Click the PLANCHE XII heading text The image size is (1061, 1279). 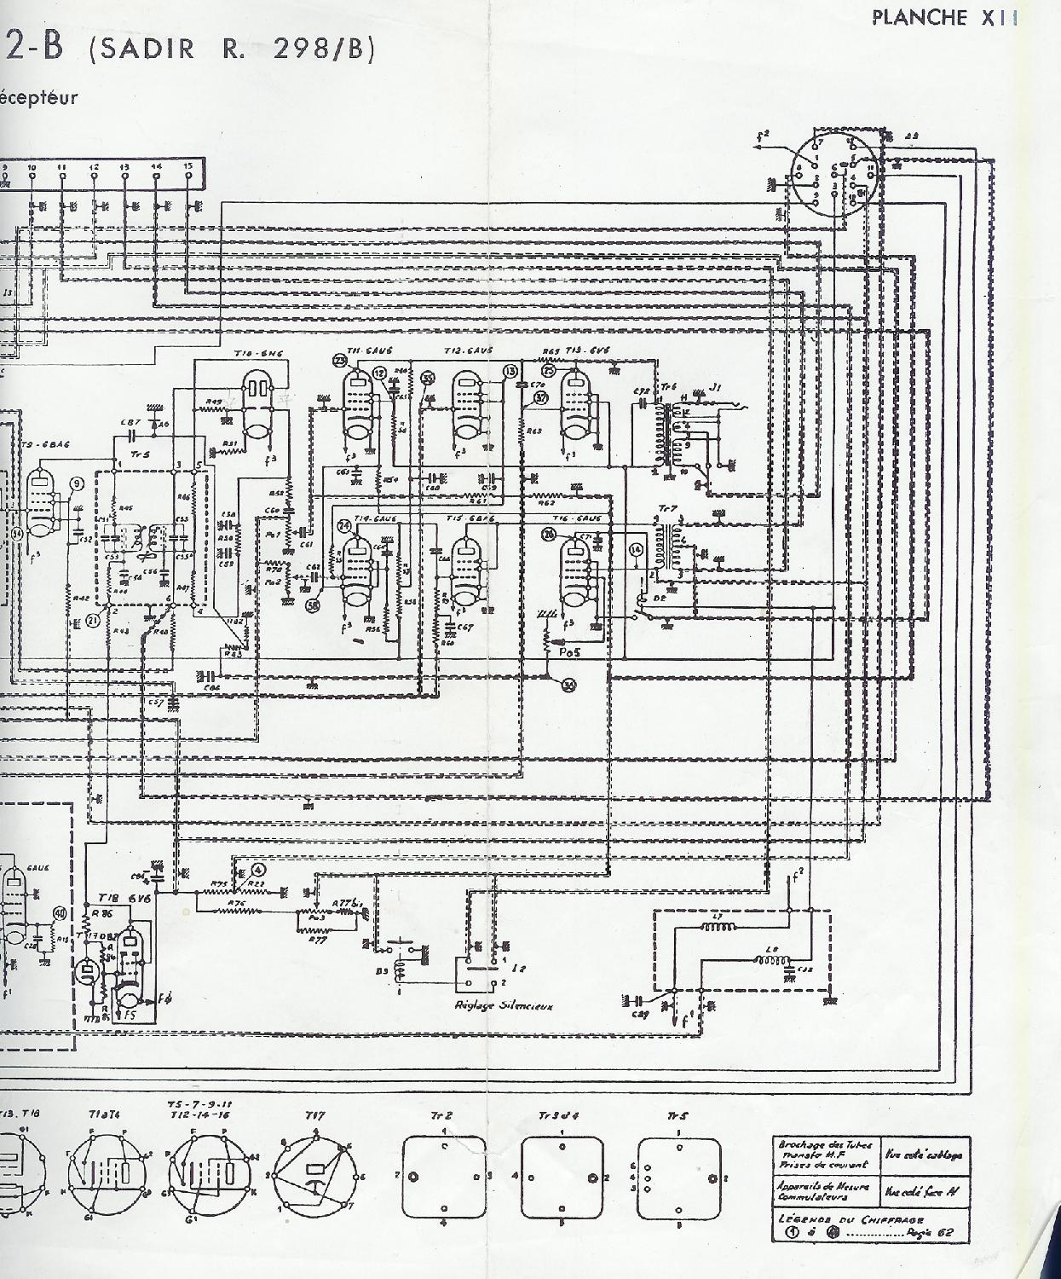(944, 18)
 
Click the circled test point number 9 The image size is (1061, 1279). (78, 484)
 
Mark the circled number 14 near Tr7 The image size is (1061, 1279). (637, 550)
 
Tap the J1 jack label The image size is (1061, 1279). (717, 388)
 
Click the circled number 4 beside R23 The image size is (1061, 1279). (258, 871)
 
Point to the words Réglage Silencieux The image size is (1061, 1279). (505, 1005)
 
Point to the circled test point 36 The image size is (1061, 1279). (569, 685)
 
